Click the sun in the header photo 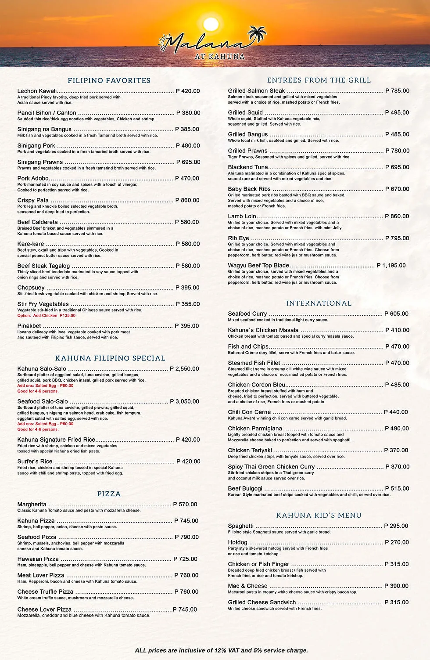tap(211, 24)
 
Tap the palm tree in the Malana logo tap(258, 35)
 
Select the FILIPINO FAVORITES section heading tap(109, 80)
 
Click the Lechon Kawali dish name tap(37, 91)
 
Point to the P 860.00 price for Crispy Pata tap(187, 200)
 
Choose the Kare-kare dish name tap(31, 244)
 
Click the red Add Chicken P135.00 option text tap(47, 316)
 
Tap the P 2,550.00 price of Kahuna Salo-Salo tap(184, 369)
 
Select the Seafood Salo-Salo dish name tap(43, 401)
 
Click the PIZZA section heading tap(109, 494)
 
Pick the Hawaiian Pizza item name tap(38, 559)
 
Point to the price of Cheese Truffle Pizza tap(186, 592)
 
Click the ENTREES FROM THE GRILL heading tap(319, 80)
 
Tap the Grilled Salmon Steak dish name tap(256, 91)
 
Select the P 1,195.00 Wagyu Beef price tap(391, 266)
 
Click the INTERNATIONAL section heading tap(319, 303)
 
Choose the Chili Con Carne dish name tap(249, 412)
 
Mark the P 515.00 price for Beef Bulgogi tap(397, 489)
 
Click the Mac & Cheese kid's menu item tap(247, 586)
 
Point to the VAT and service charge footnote tap(222, 650)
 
